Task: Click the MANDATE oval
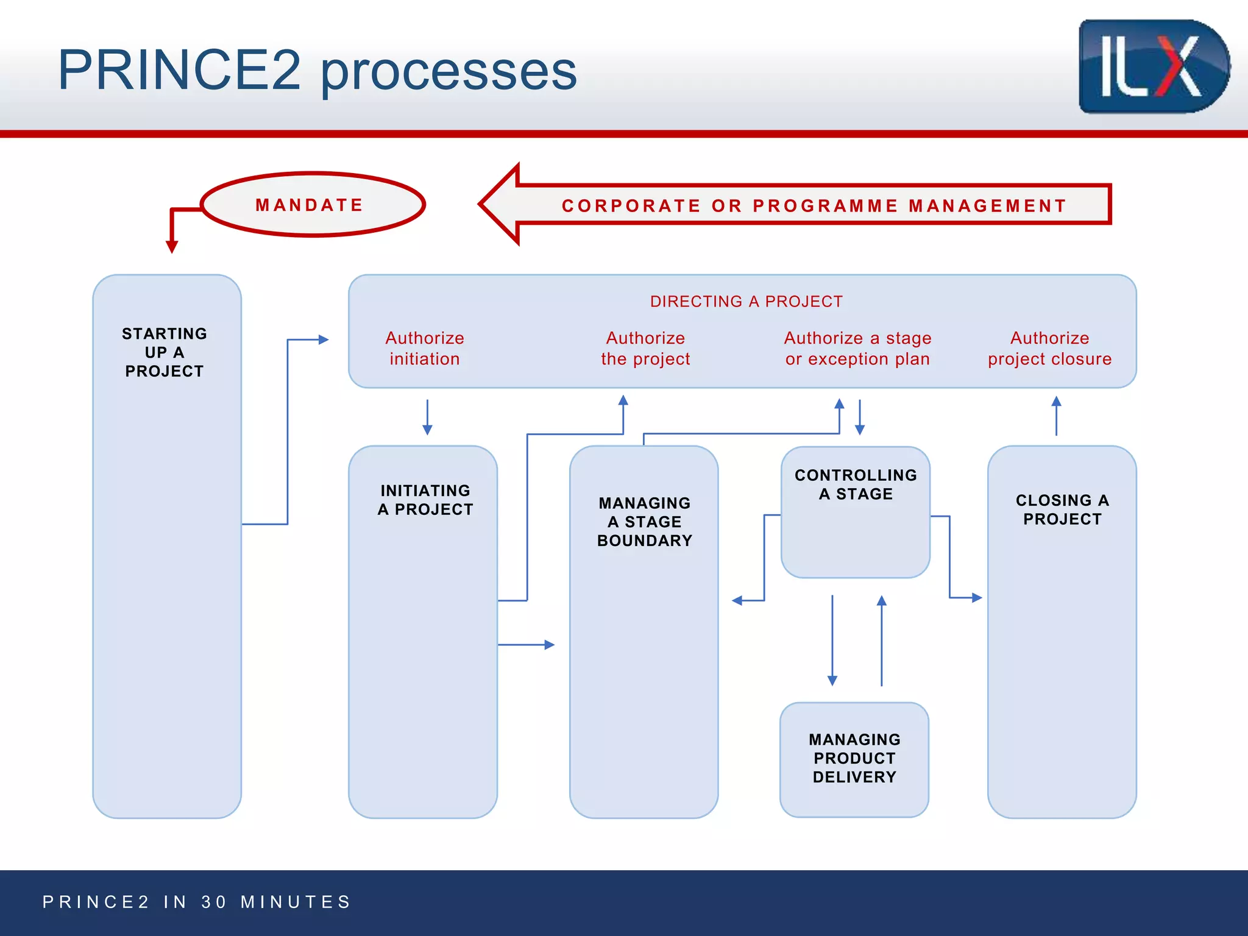(x=312, y=205)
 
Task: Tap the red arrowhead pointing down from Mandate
(x=172, y=246)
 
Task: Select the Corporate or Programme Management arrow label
(x=814, y=206)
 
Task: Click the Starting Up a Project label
(x=165, y=352)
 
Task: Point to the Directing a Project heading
(x=746, y=302)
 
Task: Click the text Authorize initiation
(x=425, y=349)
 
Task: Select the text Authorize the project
(x=645, y=349)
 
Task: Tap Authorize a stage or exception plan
(x=857, y=349)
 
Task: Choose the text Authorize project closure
(x=1049, y=349)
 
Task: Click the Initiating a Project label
(x=425, y=500)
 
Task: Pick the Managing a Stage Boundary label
(x=645, y=522)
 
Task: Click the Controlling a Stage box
(x=856, y=512)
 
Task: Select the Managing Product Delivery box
(x=854, y=759)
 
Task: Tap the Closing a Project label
(x=1062, y=509)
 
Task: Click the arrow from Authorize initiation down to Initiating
(x=427, y=417)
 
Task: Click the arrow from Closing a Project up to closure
(x=1056, y=416)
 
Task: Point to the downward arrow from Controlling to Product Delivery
(x=832, y=640)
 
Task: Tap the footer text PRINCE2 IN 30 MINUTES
(x=197, y=902)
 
